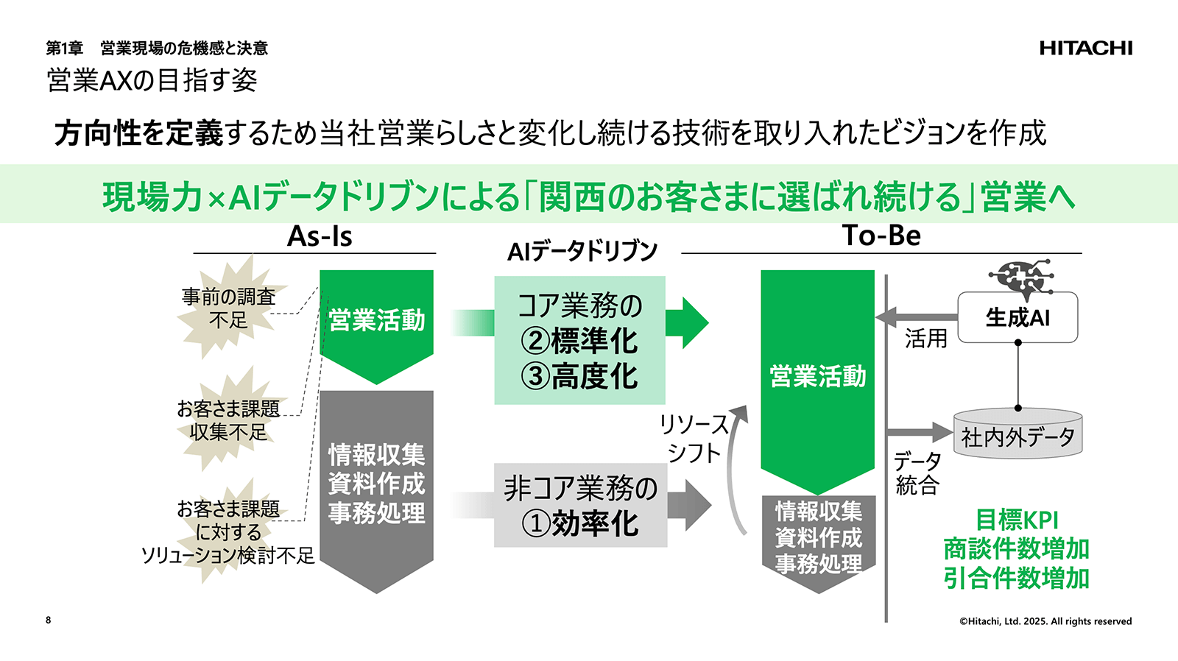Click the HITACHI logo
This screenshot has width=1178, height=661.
[1085, 49]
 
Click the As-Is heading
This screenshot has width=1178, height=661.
[320, 237]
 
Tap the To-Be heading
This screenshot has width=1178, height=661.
[881, 236]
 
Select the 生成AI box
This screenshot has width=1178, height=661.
[1017, 318]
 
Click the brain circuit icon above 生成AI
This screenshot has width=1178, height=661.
[1019, 278]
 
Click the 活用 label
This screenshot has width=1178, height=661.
[925, 339]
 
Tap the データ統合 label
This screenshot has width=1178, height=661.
[917, 473]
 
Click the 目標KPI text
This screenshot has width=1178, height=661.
[1017, 520]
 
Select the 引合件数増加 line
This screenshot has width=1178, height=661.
[1017, 578]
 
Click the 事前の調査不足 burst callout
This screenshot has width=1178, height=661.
[229, 308]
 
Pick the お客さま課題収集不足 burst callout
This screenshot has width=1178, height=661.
[229, 420]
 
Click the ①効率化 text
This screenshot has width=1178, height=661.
[580, 524]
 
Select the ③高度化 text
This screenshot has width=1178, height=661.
[579, 377]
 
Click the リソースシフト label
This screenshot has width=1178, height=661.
[694, 439]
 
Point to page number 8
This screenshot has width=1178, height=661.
[49, 620]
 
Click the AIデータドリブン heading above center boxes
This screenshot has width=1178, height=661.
[582, 252]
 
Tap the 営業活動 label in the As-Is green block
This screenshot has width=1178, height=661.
[376, 320]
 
